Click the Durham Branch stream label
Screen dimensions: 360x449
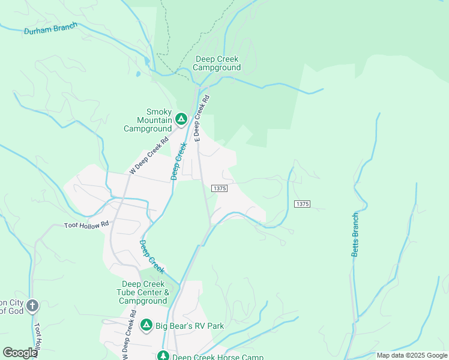pyautogui.click(x=51, y=29)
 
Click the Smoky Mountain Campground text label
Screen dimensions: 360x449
pyautogui.click(x=148, y=120)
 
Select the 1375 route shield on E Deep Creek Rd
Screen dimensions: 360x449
pyautogui.click(x=219, y=188)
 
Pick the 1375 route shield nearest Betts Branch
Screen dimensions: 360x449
pyautogui.click(x=302, y=204)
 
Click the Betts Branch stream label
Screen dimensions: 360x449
pyautogui.click(x=355, y=235)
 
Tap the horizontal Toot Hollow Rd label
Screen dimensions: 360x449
pyautogui.click(x=87, y=225)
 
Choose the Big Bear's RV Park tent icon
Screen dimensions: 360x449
pyautogui.click(x=146, y=325)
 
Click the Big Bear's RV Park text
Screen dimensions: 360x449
pyautogui.click(x=190, y=326)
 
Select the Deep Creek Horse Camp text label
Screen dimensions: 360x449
pyautogui.click(x=218, y=357)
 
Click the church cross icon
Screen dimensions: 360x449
pyautogui.click(x=32, y=306)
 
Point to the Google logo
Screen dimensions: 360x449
pyautogui.click(x=19, y=352)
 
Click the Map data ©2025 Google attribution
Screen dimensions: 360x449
pyautogui.click(x=412, y=355)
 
